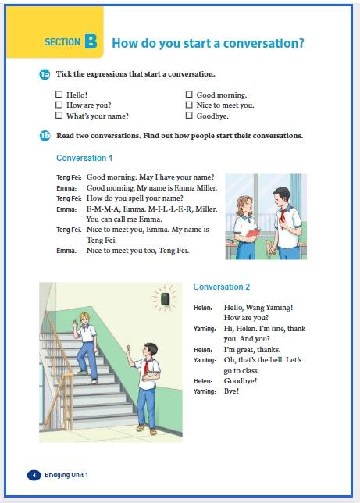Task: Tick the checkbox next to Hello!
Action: [x=59, y=95]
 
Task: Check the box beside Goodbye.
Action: [x=189, y=115]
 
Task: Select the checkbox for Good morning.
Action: [x=189, y=95]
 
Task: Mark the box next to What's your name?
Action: [x=59, y=115]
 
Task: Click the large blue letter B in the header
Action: [x=91, y=41]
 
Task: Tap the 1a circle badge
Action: [x=45, y=74]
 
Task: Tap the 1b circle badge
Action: [x=45, y=136]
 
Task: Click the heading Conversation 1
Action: [x=84, y=158]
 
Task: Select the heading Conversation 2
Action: [x=222, y=287]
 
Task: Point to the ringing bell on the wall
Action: [x=166, y=299]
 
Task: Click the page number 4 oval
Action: [x=34, y=475]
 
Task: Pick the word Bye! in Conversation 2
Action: [x=231, y=391]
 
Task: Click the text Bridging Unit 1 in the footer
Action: [x=66, y=475]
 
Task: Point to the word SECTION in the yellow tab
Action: [x=62, y=42]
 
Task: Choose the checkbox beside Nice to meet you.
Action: [x=189, y=105]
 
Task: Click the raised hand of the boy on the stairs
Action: [x=76, y=323]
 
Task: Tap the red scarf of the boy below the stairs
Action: [x=146, y=368]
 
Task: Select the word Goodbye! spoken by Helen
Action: [x=241, y=381]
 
